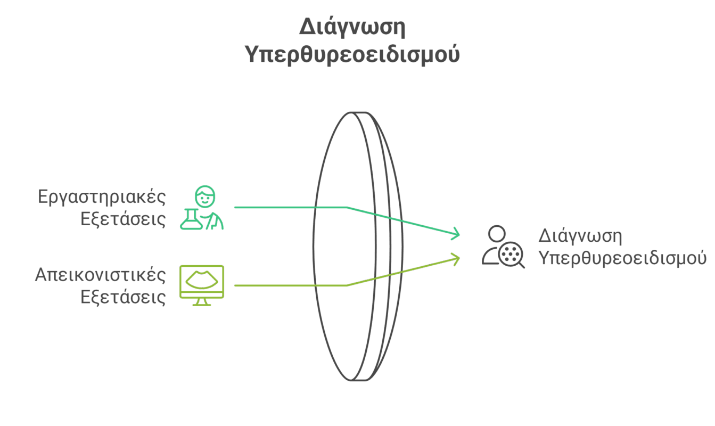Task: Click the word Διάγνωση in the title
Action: click(352, 27)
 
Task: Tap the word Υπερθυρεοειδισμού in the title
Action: click(352, 54)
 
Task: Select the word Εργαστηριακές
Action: click(102, 196)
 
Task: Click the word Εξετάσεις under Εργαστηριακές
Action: click(123, 219)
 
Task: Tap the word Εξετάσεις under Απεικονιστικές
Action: click(123, 297)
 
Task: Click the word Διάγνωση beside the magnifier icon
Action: click(580, 235)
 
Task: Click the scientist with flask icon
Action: click(202, 208)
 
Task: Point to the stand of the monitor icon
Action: click(202, 302)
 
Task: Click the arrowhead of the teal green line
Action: click(456, 233)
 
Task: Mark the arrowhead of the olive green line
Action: click(456, 258)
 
